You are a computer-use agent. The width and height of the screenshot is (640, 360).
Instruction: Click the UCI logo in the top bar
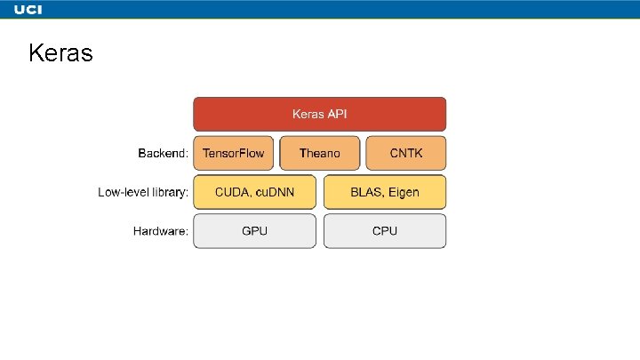click(28, 10)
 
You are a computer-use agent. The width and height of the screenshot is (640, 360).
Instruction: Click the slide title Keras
click(60, 54)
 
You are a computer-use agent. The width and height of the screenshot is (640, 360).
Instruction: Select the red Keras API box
click(320, 114)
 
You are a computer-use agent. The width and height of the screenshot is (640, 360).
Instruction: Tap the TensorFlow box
click(234, 153)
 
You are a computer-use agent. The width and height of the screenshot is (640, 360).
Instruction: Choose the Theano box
click(320, 153)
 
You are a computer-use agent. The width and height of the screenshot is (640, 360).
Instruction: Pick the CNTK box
click(405, 153)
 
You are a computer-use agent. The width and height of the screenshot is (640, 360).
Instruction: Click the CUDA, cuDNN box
click(255, 192)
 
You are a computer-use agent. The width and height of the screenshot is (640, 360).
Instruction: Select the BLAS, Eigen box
click(385, 192)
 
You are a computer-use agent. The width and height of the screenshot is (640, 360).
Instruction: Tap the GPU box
click(255, 231)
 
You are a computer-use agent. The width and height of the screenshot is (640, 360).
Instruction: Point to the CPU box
click(385, 231)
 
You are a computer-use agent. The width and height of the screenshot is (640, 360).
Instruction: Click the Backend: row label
click(163, 153)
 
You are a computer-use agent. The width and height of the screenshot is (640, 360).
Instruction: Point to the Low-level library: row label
click(143, 192)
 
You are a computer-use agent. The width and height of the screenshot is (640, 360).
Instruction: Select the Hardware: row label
click(161, 231)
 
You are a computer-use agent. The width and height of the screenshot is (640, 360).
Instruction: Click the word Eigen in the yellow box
click(404, 192)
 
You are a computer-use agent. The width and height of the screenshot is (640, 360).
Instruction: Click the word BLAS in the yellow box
click(366, 192)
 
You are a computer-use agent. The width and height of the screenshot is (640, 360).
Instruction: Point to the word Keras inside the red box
click(308, 114)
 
